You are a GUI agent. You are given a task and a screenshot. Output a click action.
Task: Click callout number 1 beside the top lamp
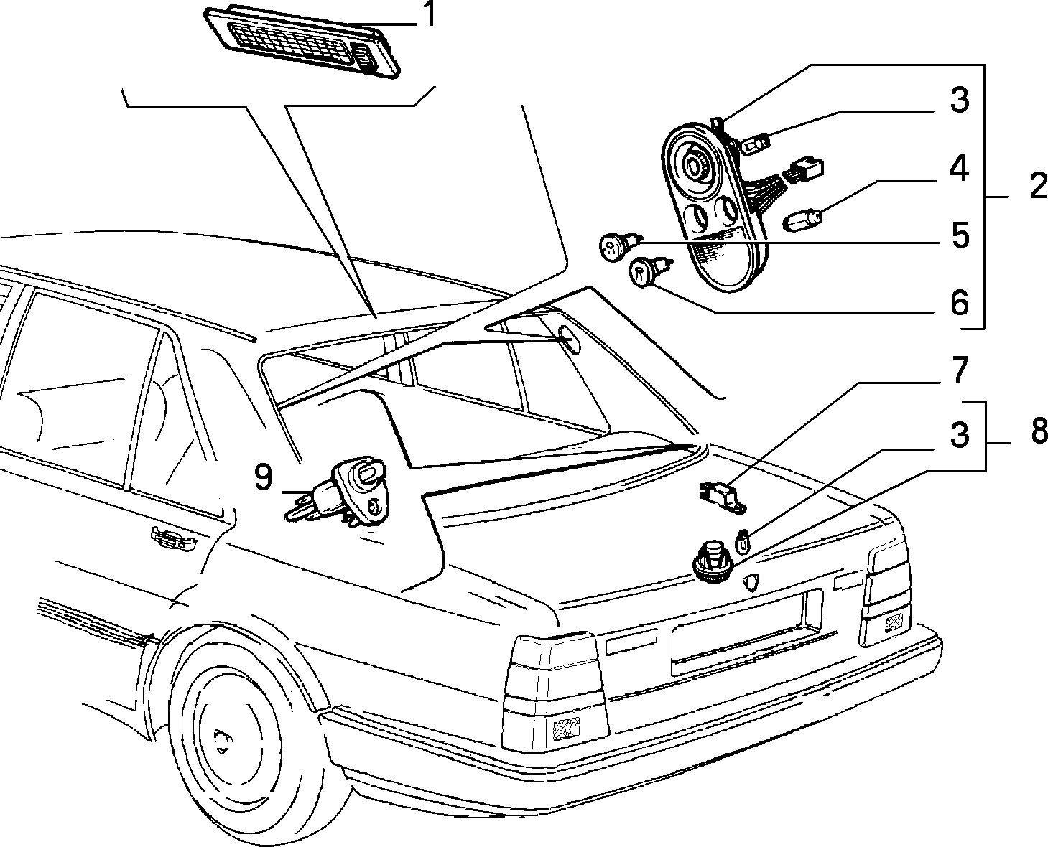pyautogui.click(x=430, y=14)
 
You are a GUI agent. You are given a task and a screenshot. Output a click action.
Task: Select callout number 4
pyautogui.click(x=959, y=168)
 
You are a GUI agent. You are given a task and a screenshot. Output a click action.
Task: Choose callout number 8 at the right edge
pyautogui.click(x=1039, y=431)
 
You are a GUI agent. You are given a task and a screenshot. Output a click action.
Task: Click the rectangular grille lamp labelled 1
pyautogui.click(x=302, y=43)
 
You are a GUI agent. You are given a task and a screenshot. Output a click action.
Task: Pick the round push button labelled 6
pyautogui.click(x=649, y=271)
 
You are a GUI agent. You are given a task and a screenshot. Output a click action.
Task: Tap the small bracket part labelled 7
pyautogui.click(x=723, y=497)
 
